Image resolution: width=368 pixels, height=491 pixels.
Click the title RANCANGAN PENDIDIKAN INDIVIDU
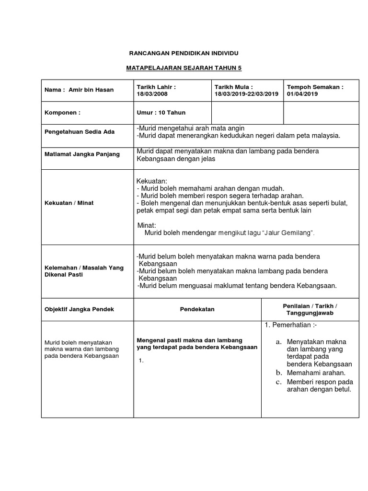184,53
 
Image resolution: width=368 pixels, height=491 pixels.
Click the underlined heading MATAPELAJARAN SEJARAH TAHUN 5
184,69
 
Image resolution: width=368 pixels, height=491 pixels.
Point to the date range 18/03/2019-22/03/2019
246,94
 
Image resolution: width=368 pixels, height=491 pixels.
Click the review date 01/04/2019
303,94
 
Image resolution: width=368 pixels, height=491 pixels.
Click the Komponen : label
62,113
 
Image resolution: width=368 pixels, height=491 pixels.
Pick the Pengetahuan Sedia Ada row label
80,132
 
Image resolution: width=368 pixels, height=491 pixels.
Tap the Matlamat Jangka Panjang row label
82,154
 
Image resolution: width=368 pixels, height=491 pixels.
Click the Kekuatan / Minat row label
69,203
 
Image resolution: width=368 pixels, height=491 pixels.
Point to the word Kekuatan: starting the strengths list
152,181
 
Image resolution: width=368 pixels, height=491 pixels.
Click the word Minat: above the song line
147,225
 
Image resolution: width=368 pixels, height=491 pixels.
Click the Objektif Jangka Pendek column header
79,309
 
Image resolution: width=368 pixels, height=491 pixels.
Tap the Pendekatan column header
197,309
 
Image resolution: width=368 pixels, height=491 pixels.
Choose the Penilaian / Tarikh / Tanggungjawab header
310,309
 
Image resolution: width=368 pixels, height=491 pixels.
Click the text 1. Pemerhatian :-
291,326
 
